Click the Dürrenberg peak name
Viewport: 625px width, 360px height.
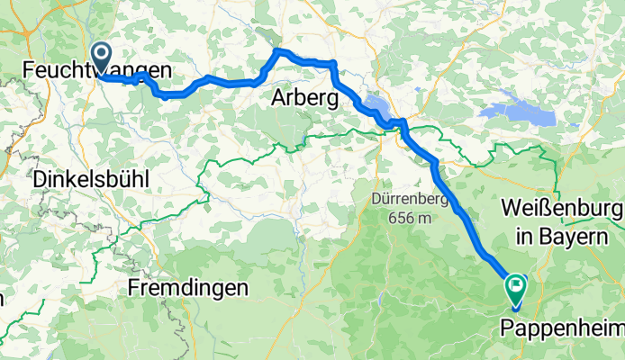[402, 199]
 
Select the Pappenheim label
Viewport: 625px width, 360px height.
[567, 327]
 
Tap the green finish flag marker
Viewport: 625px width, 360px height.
[516, 288]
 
